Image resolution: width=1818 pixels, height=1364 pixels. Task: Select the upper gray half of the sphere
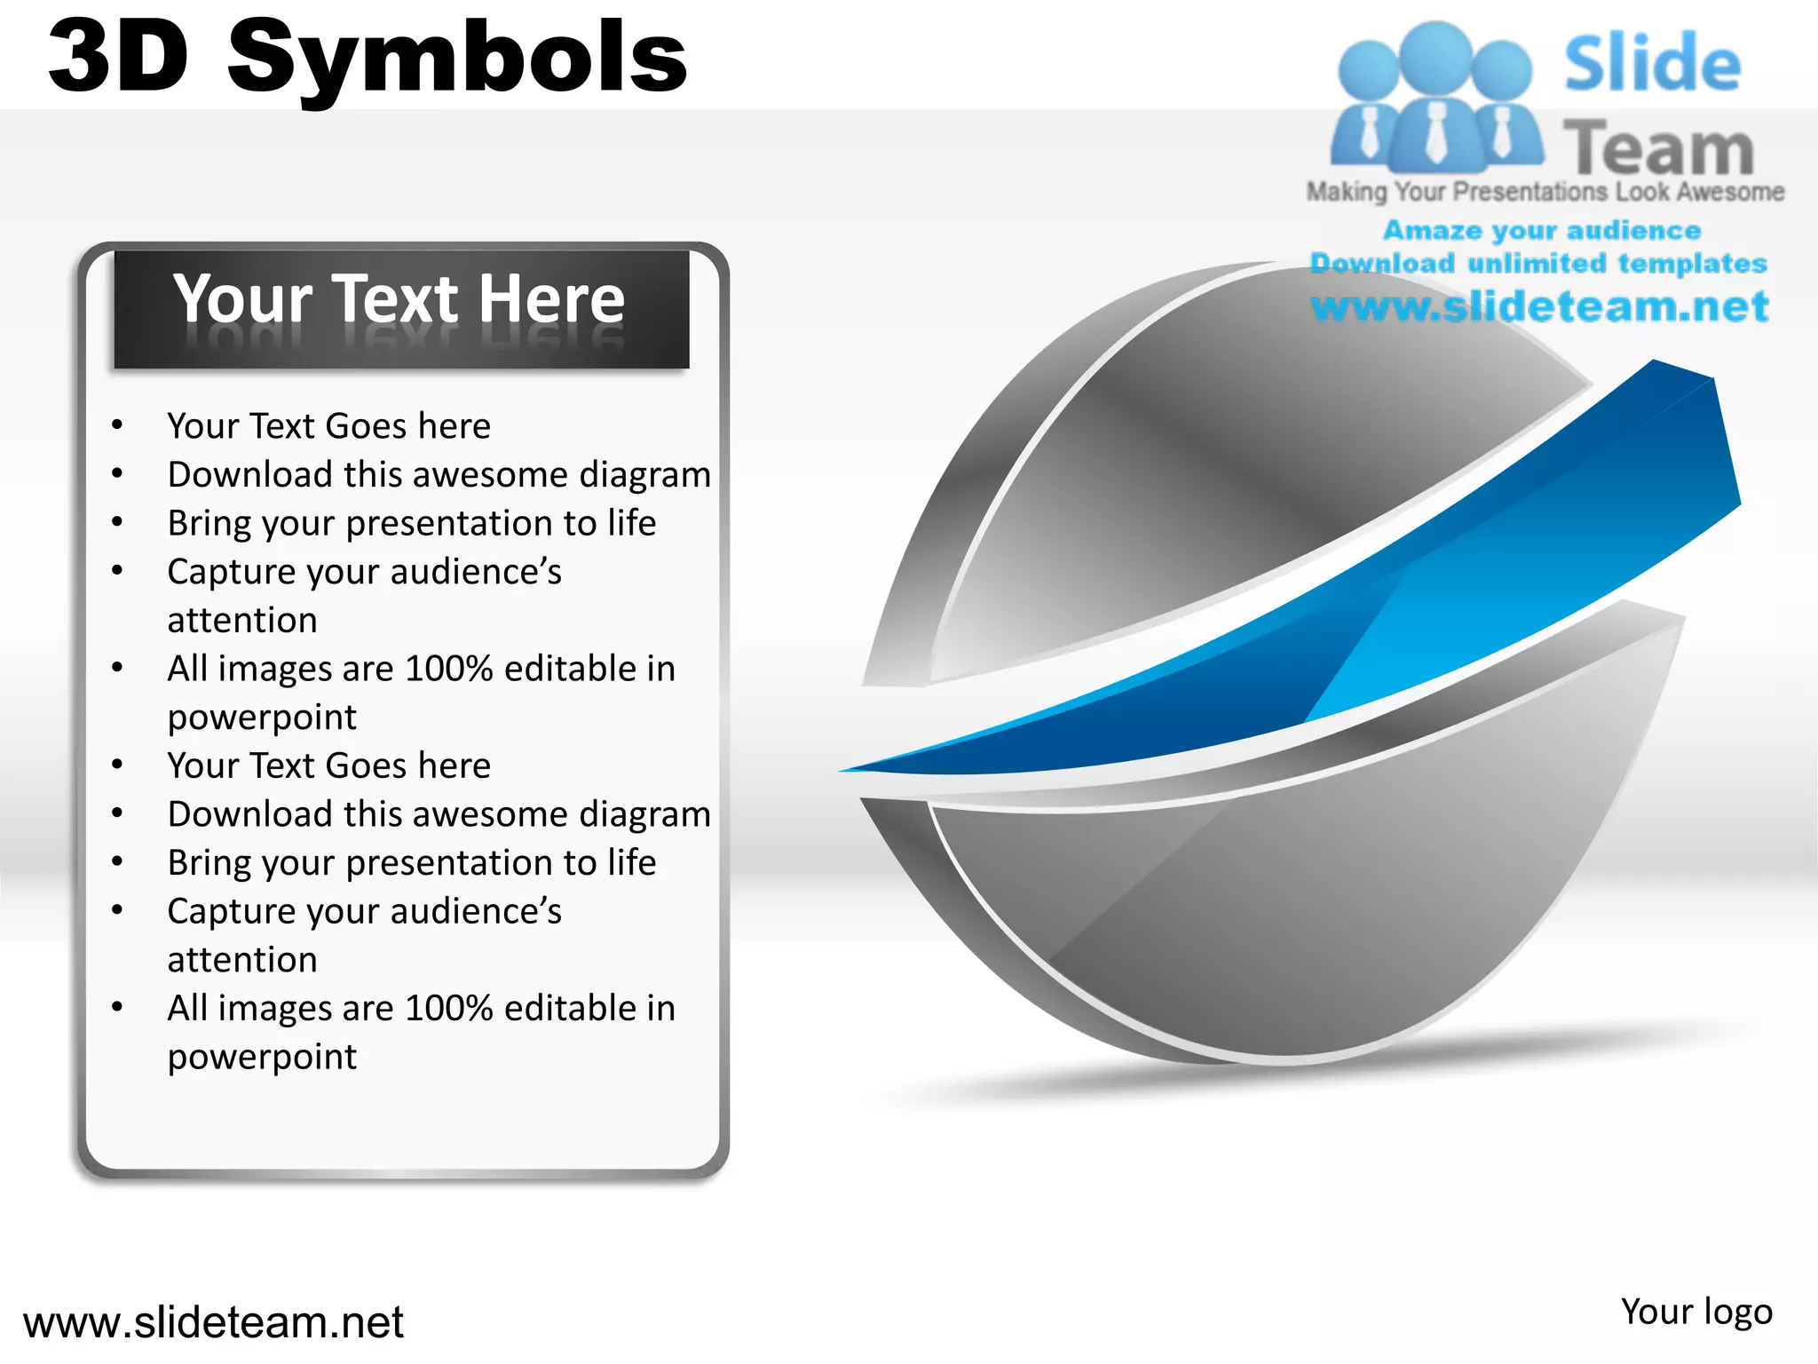1225,462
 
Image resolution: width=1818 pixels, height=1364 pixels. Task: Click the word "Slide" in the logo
1652,64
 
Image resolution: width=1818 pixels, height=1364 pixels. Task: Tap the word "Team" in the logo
1658,147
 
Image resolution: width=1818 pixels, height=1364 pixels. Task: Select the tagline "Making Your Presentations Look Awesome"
1545,192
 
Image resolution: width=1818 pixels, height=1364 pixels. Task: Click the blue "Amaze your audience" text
1542,231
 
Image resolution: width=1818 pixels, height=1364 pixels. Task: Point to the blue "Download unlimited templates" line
1538,264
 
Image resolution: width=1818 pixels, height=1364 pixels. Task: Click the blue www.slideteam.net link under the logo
1539,306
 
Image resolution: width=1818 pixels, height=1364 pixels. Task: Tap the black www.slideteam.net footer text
213,1322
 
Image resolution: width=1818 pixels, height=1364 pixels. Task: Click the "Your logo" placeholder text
1695,1312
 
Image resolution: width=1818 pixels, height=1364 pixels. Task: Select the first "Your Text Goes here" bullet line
328,426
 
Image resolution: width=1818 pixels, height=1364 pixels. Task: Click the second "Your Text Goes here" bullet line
328,765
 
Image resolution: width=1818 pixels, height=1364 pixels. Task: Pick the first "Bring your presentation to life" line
412,523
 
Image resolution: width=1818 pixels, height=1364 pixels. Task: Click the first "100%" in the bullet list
448,669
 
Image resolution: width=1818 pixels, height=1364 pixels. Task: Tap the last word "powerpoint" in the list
262,1057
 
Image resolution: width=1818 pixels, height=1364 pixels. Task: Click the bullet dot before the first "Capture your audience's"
117,570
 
